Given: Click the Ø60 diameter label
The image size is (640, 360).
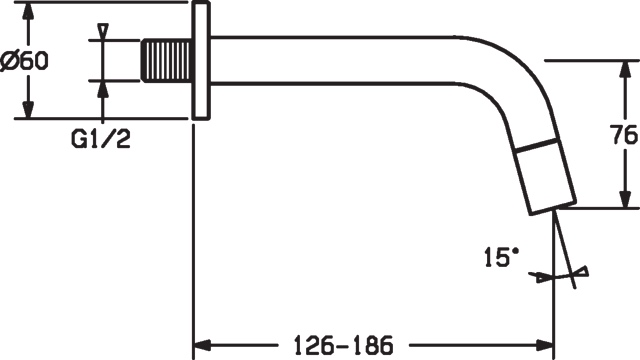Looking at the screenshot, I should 26,61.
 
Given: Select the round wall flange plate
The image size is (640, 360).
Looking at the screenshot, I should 201,60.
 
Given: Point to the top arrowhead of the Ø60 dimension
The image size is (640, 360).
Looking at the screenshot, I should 29,12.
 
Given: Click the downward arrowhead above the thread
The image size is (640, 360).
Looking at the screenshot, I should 102,33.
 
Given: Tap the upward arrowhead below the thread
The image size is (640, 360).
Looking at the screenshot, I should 102,88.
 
